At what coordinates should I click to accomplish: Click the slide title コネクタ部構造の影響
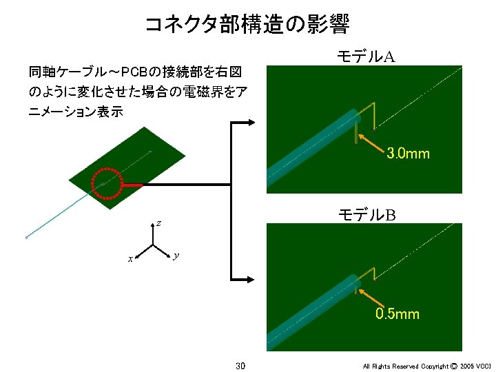point(247,25)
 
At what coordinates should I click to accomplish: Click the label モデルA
point(365,56)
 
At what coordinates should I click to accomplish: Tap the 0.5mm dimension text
point(397,314)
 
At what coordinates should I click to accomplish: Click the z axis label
point(158,223)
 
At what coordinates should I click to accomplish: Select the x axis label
point(129,259)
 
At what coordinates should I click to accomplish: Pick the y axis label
point(177,256)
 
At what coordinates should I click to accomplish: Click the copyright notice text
point(427,366)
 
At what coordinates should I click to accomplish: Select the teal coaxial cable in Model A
point(310,147)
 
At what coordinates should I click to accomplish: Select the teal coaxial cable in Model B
point(310,310)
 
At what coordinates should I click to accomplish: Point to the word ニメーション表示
point(76,112)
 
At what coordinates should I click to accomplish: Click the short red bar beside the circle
point(132,185)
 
